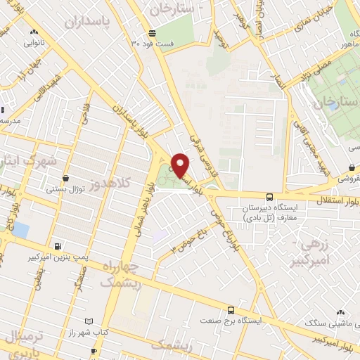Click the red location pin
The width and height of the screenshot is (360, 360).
[181, 165]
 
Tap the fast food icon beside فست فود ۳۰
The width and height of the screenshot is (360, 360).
[152, 33]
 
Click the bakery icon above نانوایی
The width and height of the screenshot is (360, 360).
[33, 32]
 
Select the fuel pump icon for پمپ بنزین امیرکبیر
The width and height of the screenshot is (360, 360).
[58, 246]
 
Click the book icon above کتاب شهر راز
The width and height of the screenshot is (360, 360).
[88, 320]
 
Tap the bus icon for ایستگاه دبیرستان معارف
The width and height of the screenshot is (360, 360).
[270, 197]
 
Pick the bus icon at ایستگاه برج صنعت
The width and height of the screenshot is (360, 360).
[231, 309]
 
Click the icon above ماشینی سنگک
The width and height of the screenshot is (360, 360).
[341, 312]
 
